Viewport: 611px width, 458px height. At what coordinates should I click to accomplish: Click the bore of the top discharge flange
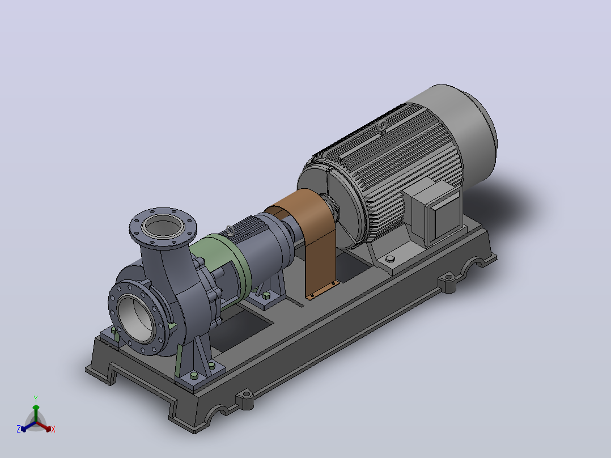[163, 226]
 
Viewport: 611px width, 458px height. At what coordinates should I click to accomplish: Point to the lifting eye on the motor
[383, 127]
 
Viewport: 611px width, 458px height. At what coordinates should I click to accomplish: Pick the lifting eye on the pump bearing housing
[230, 231]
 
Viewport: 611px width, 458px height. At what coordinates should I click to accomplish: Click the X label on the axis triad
[53, 429]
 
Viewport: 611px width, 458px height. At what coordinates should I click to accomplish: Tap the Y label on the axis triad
[36, 398]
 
